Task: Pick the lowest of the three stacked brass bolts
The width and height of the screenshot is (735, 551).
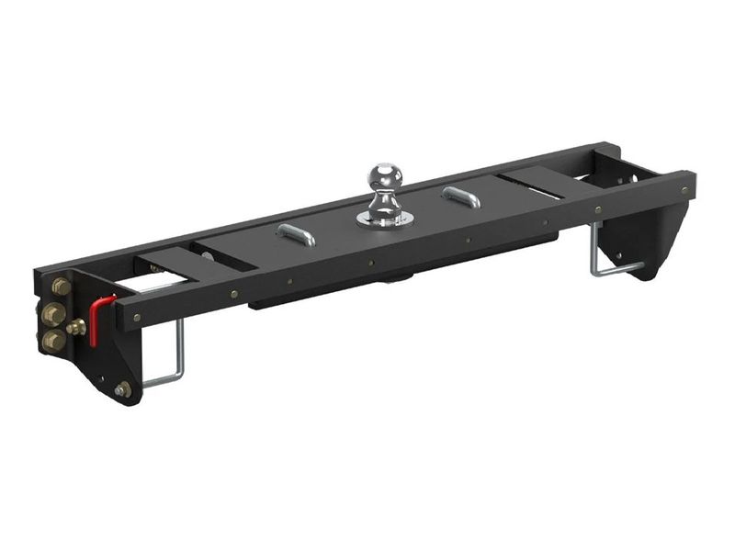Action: (x=54, y=342)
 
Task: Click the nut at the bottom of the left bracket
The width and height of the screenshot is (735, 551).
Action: (x=122, y=389)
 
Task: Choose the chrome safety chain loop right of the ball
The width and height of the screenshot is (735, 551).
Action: (x=460, y=197)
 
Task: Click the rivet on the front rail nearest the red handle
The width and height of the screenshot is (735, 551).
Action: (x=137, y=318)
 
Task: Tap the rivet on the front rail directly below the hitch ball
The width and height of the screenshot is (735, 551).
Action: (x=371, y=262)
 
